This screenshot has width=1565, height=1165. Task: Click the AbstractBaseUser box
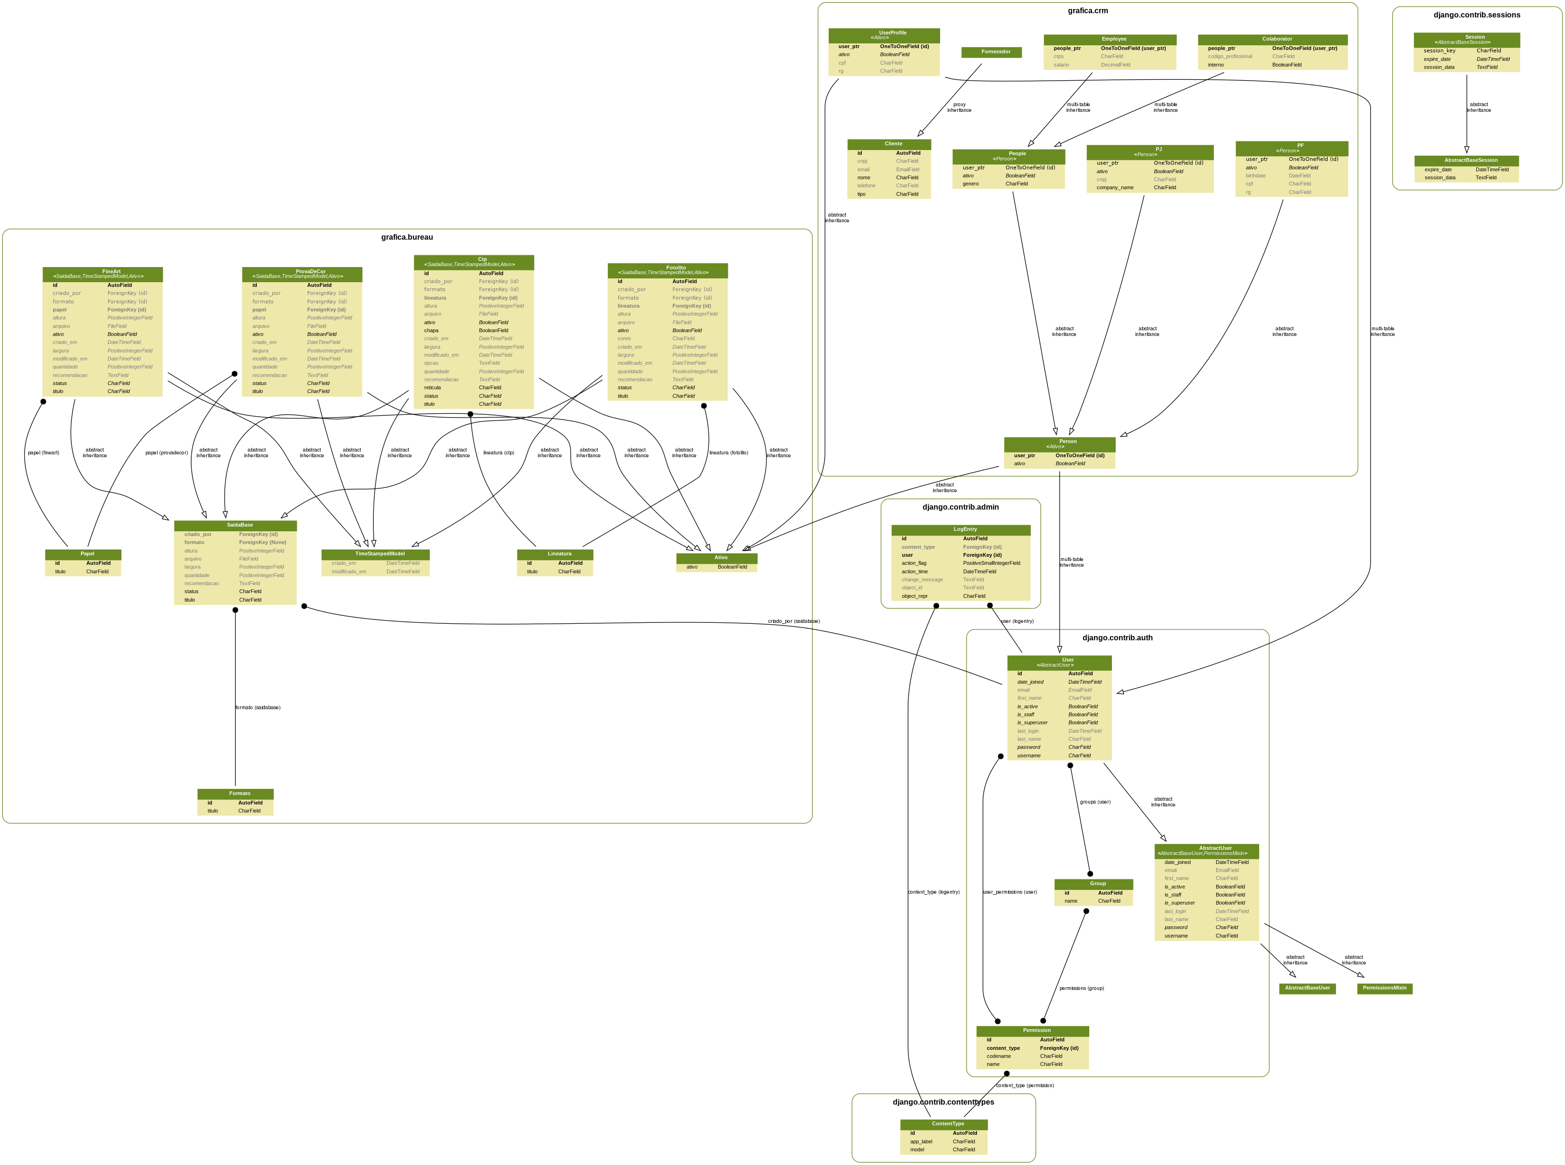(1307, 988)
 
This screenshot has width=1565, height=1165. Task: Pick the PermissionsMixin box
(1384, 988)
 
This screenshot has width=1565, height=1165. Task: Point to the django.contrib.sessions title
(1476, 15)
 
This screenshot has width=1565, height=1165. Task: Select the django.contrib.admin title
(960, 507)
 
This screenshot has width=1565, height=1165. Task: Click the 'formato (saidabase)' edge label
(257, 707)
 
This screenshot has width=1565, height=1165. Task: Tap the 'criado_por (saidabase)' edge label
(793, 621)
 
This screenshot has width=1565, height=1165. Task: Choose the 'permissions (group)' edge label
(1081, 989)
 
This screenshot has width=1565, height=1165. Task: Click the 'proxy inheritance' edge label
(959, 107)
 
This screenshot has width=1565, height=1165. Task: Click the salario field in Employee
(1061, 65)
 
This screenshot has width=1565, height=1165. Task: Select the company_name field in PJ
(1115, 188)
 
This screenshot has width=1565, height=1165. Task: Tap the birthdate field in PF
(1255, 176)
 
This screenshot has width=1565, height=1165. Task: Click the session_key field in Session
(1439, 51)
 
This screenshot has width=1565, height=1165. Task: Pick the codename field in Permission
(998, 1056)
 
